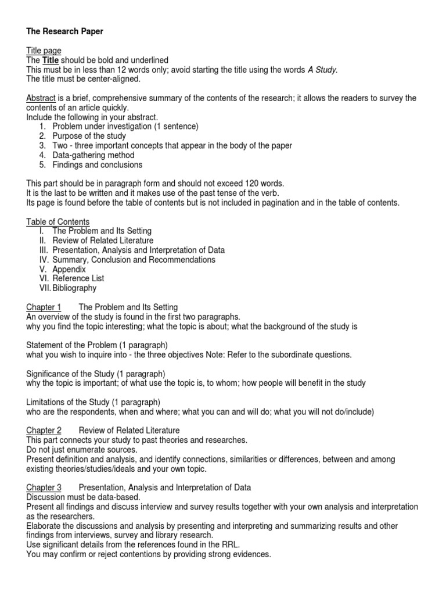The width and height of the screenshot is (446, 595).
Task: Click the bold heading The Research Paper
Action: pyautogui.click(x=64, y=31)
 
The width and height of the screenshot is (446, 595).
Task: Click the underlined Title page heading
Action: pyautogui.click(x=44, y=51)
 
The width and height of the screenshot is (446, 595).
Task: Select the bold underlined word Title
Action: pyautogui.click(x=49, y=60)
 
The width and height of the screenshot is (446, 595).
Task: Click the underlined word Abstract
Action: pyautogui.click(x=41, y=98)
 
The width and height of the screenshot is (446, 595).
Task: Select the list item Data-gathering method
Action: pyautogui.click(x=93, y=155)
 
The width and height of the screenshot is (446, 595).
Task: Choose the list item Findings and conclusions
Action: pyautogui.click(x=97, y=164)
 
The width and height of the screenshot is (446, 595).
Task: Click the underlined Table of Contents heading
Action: pyautogui.click(x=57, y=221)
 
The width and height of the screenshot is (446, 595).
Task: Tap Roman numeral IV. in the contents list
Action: pyautogui.click(x=44, y=260)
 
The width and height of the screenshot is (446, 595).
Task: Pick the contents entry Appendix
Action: pyautogui.click(x=69, y=269)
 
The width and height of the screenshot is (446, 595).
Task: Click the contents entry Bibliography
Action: pyautogui.click(x=74, y=288)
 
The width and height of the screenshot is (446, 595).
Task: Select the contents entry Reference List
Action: pyautogui.click(x=78, y=278)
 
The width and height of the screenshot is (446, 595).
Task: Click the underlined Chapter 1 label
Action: pyautogui.click(x=44, y=307)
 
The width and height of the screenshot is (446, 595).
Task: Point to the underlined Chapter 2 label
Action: pyautogui.click(x=44, y=430)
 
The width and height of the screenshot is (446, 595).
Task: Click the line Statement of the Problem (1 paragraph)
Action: pyautogui.click(x=97, y=345)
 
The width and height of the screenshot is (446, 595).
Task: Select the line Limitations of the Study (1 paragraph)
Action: pyautogui.click(x=93, y=402)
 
